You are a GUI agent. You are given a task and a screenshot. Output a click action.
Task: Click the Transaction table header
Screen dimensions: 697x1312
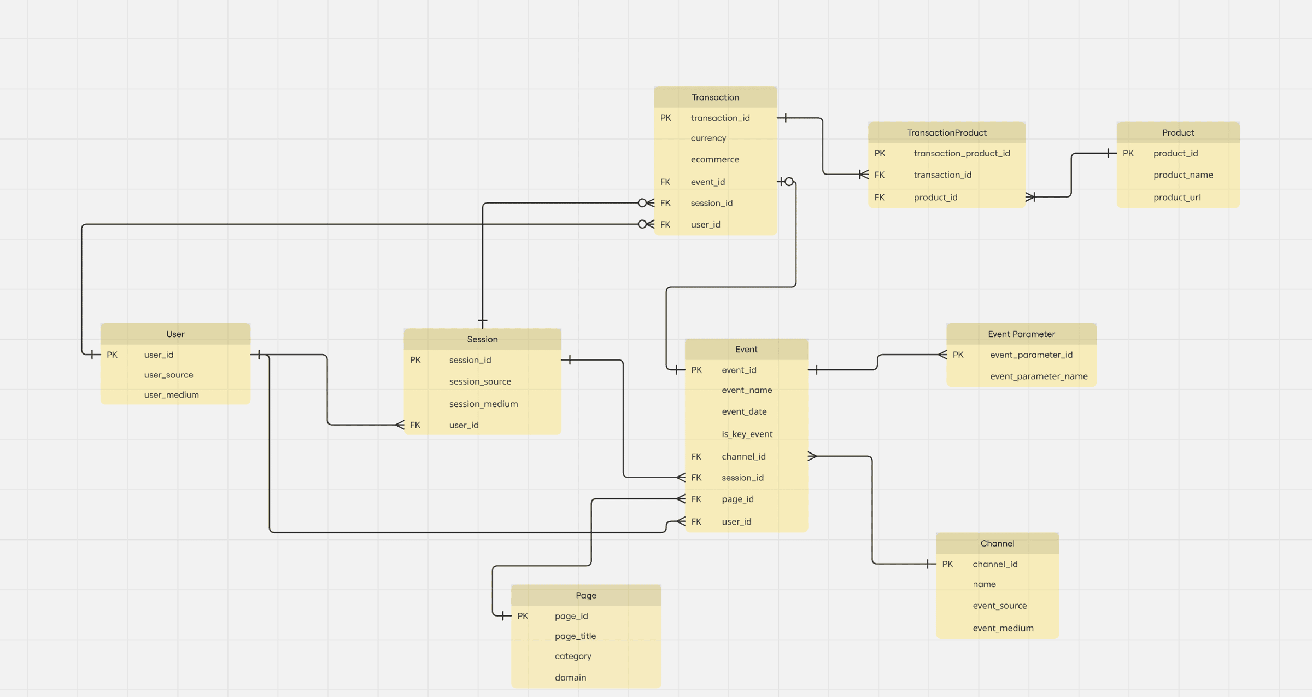click(715, 97)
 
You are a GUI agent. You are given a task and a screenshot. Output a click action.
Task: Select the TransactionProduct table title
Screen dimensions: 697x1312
click(946, 133)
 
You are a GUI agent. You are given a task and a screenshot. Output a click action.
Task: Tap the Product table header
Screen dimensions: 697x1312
click(1178, 133)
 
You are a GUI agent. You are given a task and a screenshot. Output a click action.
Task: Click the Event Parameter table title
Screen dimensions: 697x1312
click(1021, 334)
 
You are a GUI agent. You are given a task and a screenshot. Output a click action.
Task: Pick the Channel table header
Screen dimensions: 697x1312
click(997, 543)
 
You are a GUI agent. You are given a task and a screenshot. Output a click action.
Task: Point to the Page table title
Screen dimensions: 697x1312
click(585, 595)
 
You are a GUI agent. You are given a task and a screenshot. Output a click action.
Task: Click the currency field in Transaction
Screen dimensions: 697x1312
click(708, 138)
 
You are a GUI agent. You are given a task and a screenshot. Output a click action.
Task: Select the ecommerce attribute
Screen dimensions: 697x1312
click(714, 160)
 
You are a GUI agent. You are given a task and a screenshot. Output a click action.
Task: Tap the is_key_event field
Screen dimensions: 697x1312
click(747, 434)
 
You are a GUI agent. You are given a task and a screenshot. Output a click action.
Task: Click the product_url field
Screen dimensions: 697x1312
click(1177, 198)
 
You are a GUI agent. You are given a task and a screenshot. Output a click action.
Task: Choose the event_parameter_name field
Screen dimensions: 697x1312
click(1038, 376)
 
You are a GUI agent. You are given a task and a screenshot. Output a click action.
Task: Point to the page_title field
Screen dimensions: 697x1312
click(575, 636)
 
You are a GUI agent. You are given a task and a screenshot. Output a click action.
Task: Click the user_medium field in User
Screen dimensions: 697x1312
click(171, 395)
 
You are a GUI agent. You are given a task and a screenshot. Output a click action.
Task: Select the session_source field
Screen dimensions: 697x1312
click(480, 382)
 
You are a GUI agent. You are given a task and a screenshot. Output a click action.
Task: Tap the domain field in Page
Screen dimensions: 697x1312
click(570, 677)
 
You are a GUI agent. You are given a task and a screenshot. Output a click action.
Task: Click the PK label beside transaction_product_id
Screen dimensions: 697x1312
click(880, 154)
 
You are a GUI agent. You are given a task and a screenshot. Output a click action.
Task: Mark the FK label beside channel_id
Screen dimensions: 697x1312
click(696, 456)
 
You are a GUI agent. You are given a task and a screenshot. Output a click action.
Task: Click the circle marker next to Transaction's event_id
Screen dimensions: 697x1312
click(789, 182)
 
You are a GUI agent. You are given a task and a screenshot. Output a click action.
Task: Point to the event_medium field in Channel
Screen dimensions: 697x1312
click(1003, 628)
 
